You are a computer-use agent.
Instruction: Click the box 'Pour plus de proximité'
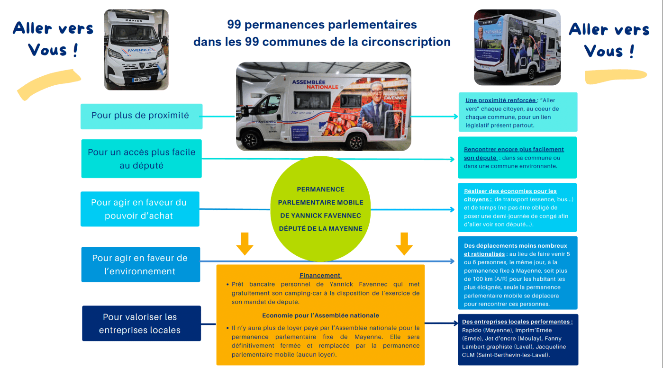point(141,116)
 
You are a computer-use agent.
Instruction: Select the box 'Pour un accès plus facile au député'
point(141,159)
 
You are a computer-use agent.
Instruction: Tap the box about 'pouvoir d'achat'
point(139,209)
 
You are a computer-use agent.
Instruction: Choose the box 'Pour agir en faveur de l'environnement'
point(140,264)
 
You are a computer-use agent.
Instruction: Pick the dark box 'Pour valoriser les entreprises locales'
point(141,323)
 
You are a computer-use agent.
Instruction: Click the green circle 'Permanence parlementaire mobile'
point(320,209)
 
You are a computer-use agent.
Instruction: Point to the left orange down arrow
point(245,243)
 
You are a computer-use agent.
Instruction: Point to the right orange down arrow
point(404,243)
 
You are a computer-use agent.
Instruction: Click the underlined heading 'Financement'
point(320,275)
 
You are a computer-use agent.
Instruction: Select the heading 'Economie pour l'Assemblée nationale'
point(320,315)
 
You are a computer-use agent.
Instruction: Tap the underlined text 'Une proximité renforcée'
point(501,100)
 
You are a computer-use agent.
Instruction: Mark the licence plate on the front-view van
point(142,79)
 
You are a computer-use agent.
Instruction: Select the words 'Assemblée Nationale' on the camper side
point(315,84)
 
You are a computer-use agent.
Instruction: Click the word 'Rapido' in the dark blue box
point(472,330)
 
